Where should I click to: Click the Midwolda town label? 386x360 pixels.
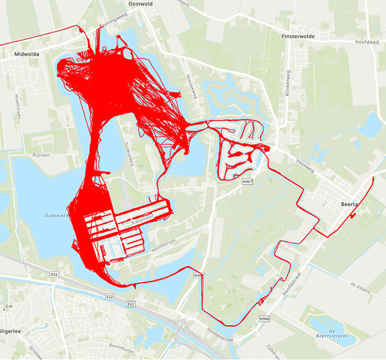click(26, 53)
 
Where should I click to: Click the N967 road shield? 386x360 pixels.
click(247, 182)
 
